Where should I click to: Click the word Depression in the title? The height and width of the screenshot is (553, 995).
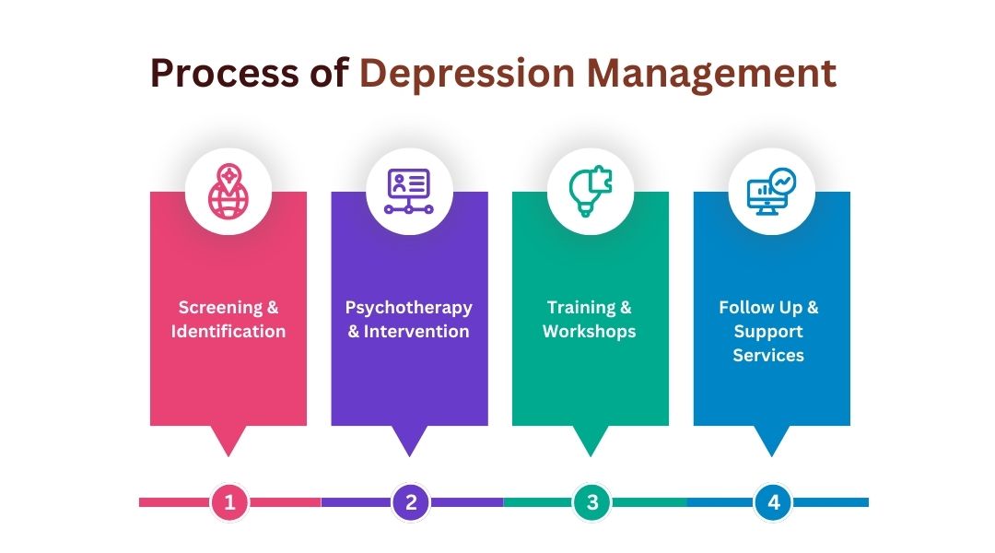pos(467,75)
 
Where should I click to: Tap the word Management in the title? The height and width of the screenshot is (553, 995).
pos(711,75)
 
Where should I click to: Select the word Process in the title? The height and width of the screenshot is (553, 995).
pos(225,73)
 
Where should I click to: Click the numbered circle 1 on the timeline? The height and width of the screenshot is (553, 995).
pos(229,502)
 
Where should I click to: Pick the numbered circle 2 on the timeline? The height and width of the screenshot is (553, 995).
pos(411,502)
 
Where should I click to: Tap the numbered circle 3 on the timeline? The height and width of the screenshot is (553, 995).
pos(592,502)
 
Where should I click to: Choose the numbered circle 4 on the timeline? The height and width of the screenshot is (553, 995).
pos(773,502)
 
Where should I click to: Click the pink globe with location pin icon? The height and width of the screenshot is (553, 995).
pos(228,192)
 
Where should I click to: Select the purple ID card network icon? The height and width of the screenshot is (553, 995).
pos(409,192)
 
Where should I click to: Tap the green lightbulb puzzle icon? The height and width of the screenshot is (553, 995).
pos(591,192)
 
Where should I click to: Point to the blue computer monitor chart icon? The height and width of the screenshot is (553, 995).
pos(772,192)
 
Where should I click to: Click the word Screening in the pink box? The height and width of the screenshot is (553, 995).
pos(220,307)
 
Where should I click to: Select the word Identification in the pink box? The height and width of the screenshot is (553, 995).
pos(228,331)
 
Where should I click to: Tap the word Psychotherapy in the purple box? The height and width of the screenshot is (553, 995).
pos(409,308)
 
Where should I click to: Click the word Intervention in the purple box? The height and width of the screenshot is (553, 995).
pos(416,331)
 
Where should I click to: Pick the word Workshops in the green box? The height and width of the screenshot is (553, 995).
pos(590,332)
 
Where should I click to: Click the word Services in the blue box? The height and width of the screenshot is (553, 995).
pos(768,355)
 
